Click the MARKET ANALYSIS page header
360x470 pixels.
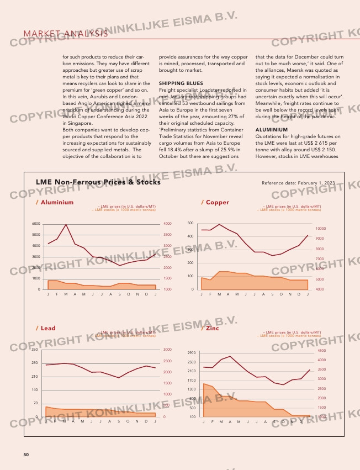tap(65, 34)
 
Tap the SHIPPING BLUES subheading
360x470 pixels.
tap(177, 83)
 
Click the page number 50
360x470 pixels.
tap(26, 455)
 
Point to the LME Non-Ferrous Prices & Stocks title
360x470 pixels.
tap(98, 182)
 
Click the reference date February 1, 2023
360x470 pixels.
tap(298, 182)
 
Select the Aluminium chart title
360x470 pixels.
tap(55, 202)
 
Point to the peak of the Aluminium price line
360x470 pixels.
tap(66, 225)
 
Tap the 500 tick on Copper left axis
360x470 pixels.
tap(190, 223)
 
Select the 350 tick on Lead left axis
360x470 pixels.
tap(34, 350)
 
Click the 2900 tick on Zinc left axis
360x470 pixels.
tap(192, 353)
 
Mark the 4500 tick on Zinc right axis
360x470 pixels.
tap(322, 350)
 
